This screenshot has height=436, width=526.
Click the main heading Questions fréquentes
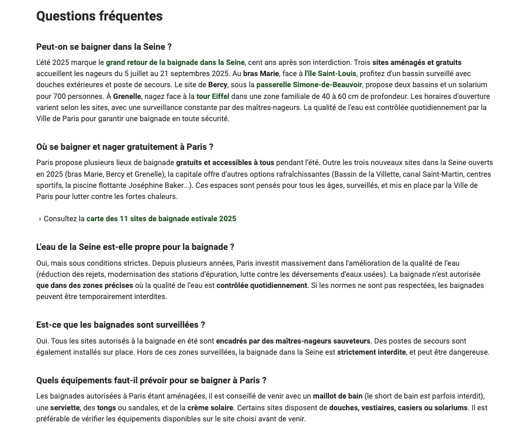(99, 16)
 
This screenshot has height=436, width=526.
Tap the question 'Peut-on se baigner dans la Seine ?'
(104, 47)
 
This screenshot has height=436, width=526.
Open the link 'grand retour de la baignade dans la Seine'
(175, 63)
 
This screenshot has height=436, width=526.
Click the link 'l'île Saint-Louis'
(331, 74)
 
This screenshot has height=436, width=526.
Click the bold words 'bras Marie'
(261, 74)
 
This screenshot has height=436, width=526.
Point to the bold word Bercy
(218, 85)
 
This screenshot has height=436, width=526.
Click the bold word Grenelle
(127, 97)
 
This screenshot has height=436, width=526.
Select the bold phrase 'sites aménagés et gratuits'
(417, 63)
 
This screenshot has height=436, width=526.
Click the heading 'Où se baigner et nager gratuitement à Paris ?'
(124, 147)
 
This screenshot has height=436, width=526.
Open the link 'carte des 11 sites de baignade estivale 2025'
(161, 219)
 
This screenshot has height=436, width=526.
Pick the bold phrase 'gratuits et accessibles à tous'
(225, 163)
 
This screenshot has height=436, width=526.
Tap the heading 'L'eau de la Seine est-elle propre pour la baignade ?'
(135, 247)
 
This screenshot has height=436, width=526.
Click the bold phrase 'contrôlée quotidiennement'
(262, 286)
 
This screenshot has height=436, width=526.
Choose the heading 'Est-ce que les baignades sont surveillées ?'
(120, 325)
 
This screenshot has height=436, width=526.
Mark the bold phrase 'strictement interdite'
(371, 352)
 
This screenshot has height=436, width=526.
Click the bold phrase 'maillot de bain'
(338, 397)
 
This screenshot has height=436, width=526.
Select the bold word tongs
(107, 408)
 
